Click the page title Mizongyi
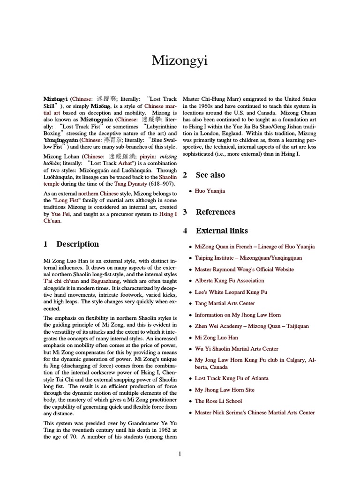point(180,60)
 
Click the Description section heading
point(77,244)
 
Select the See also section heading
point(210,175)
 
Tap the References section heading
point(215,212)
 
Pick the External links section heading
point(221,231)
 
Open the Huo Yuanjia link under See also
point(210,191)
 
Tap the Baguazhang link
point(105,281)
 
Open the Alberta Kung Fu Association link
point(229,281)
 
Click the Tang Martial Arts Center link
point(225,304)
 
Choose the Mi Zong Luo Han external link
point(216,337)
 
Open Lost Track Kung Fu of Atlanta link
point(232,378)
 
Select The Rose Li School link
point(218,401)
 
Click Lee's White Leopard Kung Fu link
point(231,292)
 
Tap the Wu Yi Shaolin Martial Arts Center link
point(236,349)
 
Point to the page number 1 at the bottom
point(180,453)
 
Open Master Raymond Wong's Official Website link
point(244,270)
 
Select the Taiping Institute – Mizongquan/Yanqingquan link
point(248,258)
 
